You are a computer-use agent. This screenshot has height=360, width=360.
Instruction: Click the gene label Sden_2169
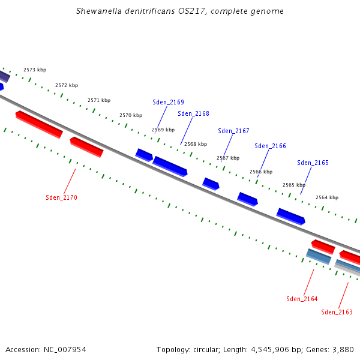click(x=168, y=102)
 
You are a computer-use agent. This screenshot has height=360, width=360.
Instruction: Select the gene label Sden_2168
click(x=193, y=113)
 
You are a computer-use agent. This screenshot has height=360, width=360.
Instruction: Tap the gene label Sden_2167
click(x=233, y=131)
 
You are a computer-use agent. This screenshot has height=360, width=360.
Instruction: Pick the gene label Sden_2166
click(x=270, y=146)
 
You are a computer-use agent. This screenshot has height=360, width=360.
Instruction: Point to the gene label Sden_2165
click(x=313, y=163)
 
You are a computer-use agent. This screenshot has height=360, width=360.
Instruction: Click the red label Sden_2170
click(x=61, y=197)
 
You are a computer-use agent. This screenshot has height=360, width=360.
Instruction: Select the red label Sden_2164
click(x=302, y=299)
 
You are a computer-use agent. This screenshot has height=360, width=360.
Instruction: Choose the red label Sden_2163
click(x=337, y=312)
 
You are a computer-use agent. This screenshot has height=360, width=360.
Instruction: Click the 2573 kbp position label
click(x=35, y=70)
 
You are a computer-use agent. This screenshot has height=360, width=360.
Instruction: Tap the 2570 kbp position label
click(x=131, y=115)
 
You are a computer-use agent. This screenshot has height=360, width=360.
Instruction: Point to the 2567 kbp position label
click(x=228, y=158)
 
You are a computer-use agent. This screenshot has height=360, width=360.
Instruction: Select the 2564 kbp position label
click(x=327, y=197)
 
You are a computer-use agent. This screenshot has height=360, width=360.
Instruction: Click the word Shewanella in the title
click(x=99, y=11)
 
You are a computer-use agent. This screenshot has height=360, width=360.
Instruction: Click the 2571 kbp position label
click(x=99, y=100)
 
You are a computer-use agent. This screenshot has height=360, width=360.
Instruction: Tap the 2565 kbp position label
click(x=293, y=185)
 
